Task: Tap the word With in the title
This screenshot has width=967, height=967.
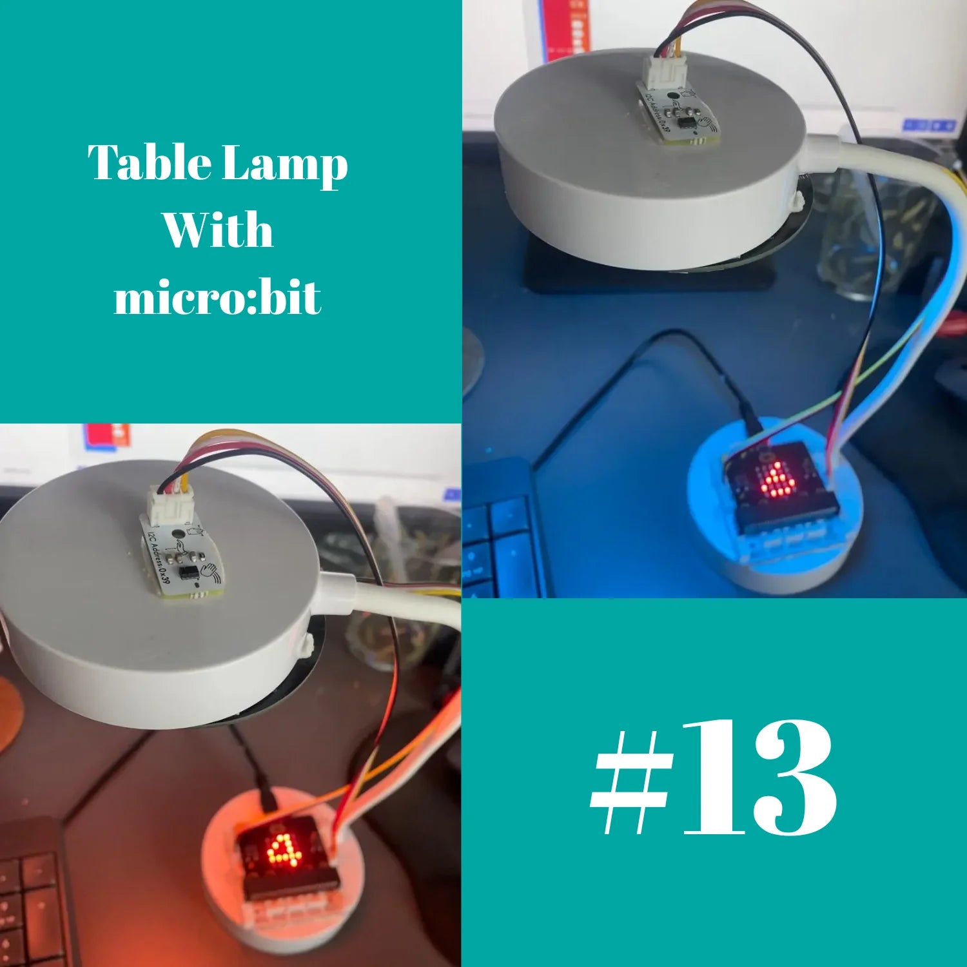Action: (x=217, y=230)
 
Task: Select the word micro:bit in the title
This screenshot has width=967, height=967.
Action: (x=217, y=298)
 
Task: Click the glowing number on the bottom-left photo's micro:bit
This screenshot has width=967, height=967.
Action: (x=284, y=850)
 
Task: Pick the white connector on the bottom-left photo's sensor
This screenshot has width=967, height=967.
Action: (x=171, y=503)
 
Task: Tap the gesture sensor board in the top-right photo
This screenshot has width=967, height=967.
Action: (x=677, y=113)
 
